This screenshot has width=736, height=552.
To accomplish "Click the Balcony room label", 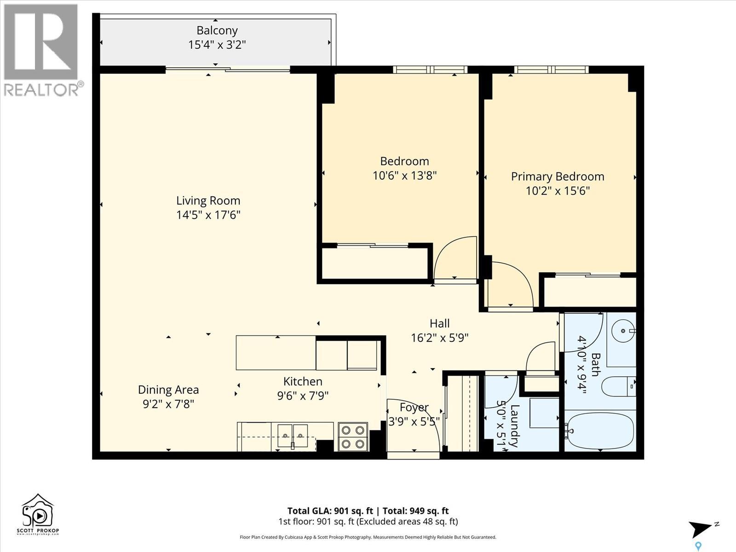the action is point(217,30).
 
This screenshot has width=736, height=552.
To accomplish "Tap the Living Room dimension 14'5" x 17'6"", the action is point(208,215).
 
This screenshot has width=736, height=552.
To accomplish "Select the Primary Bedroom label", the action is point(557,177).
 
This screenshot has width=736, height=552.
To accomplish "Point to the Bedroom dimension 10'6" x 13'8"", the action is point(404,175).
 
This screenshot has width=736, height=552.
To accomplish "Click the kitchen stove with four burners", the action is point(353,437).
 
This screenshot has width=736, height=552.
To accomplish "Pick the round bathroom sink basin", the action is point(623,331).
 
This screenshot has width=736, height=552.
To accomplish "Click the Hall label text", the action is point(439,323).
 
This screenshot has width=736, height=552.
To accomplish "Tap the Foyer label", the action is point(414,408).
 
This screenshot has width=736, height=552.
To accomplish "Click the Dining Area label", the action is point(168,390).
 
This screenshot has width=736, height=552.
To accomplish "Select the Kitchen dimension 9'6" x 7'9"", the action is point(302,396).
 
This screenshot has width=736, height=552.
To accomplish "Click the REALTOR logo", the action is point(42,50).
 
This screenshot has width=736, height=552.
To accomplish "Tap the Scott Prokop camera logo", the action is point(38,514).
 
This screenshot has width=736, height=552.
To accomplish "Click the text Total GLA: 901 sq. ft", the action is point(330,511).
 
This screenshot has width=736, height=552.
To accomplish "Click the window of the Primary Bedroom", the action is point(551,69).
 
